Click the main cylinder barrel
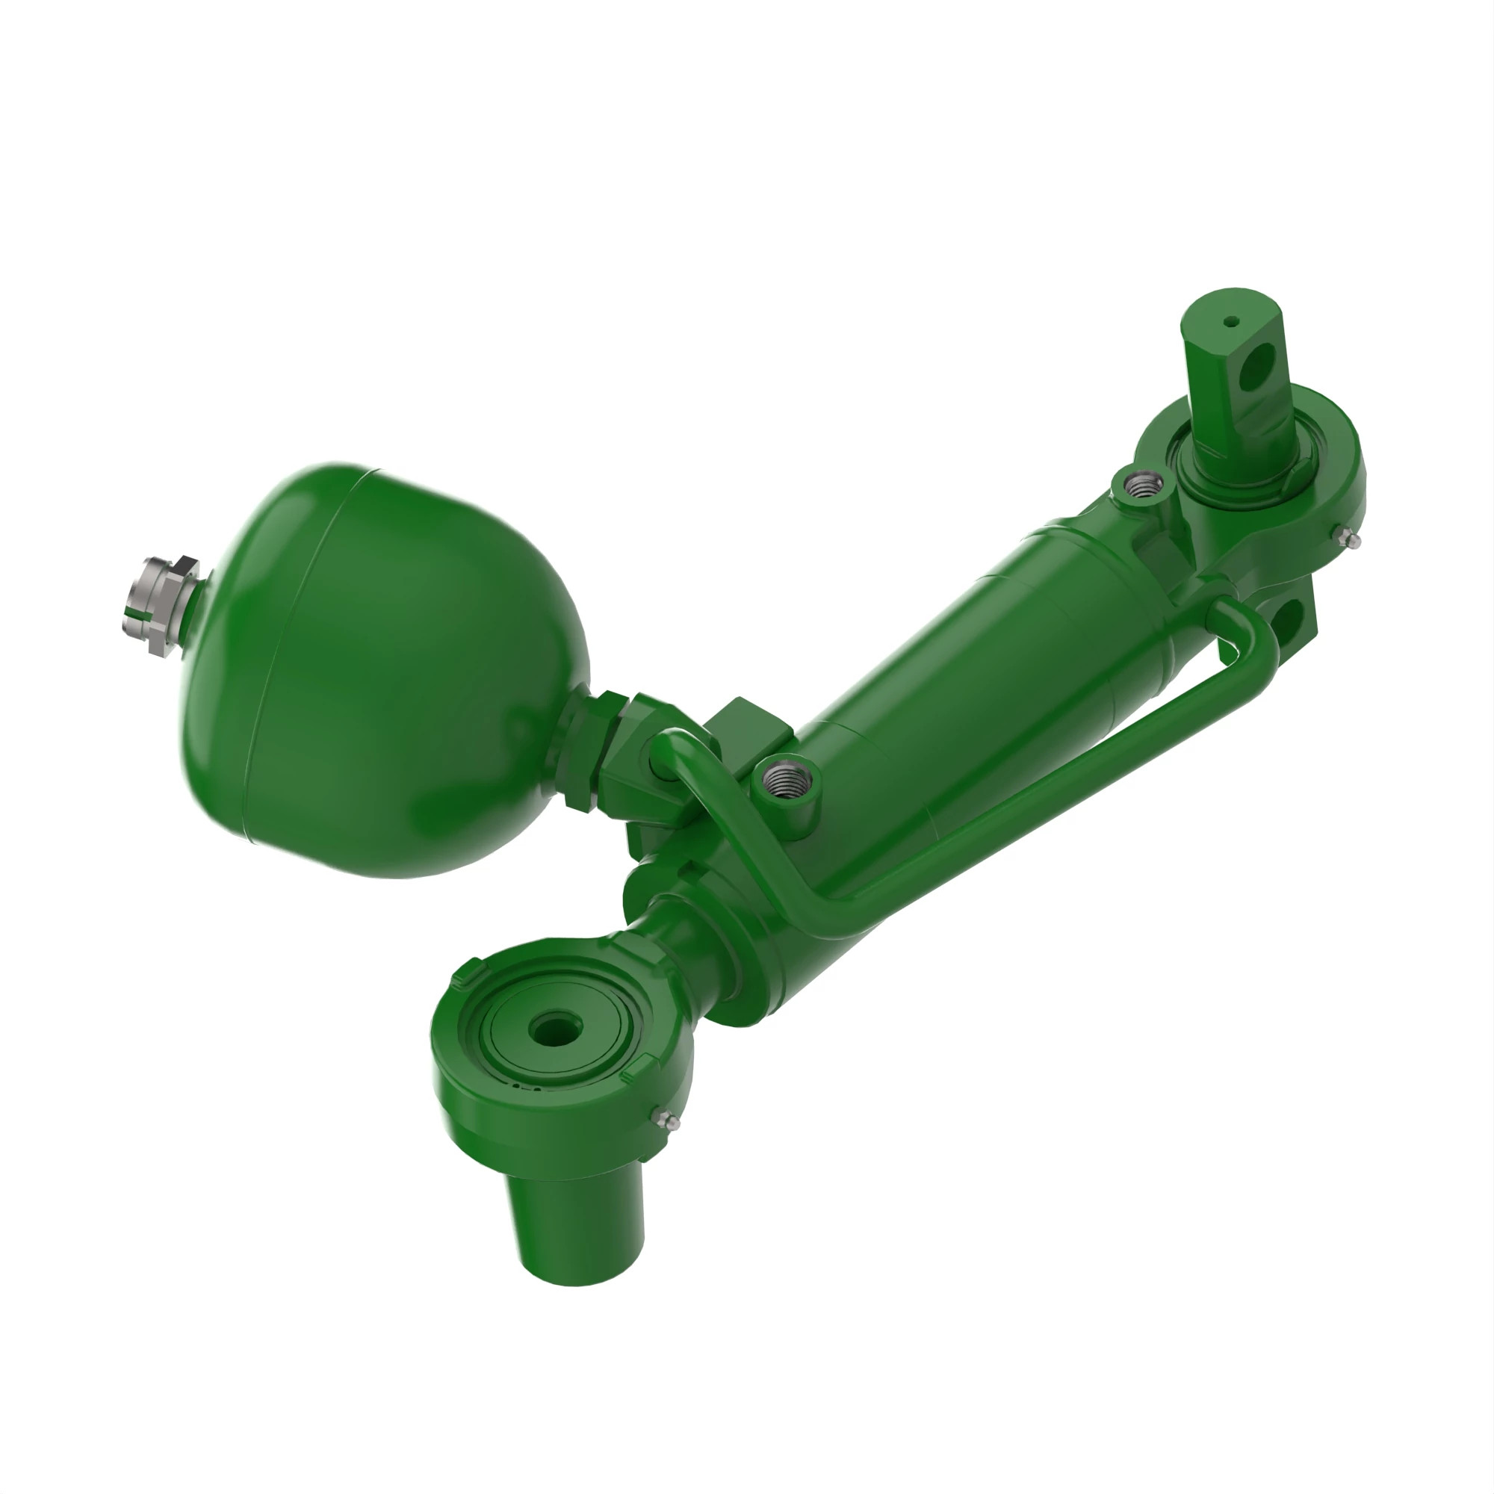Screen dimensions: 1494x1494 967,696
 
